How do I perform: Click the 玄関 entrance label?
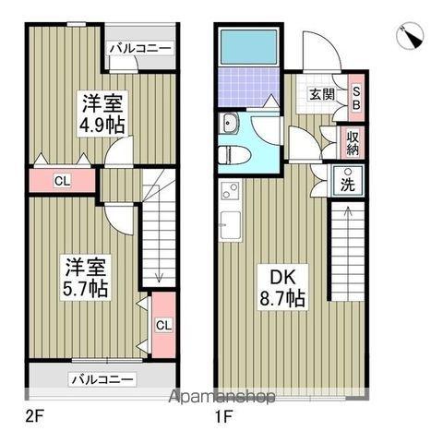click(321, 93)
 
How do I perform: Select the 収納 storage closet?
click(353, 142)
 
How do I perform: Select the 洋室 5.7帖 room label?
click(87, 277)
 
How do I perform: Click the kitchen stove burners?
click(229, 193)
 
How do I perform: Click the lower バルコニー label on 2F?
click(102, 378)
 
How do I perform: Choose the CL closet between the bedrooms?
click(60, 180)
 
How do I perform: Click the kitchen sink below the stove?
click(231, 222)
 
